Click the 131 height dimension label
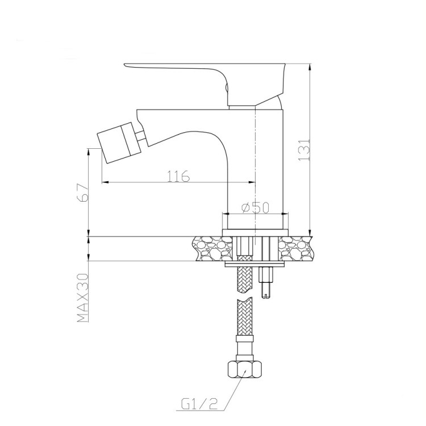(304, 150)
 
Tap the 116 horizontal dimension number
(178, 176)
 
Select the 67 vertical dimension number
(82, 193)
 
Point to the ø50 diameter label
(255, 207)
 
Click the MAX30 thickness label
(83, 298)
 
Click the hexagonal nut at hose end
(245, 369)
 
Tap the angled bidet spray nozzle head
(116, 143)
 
